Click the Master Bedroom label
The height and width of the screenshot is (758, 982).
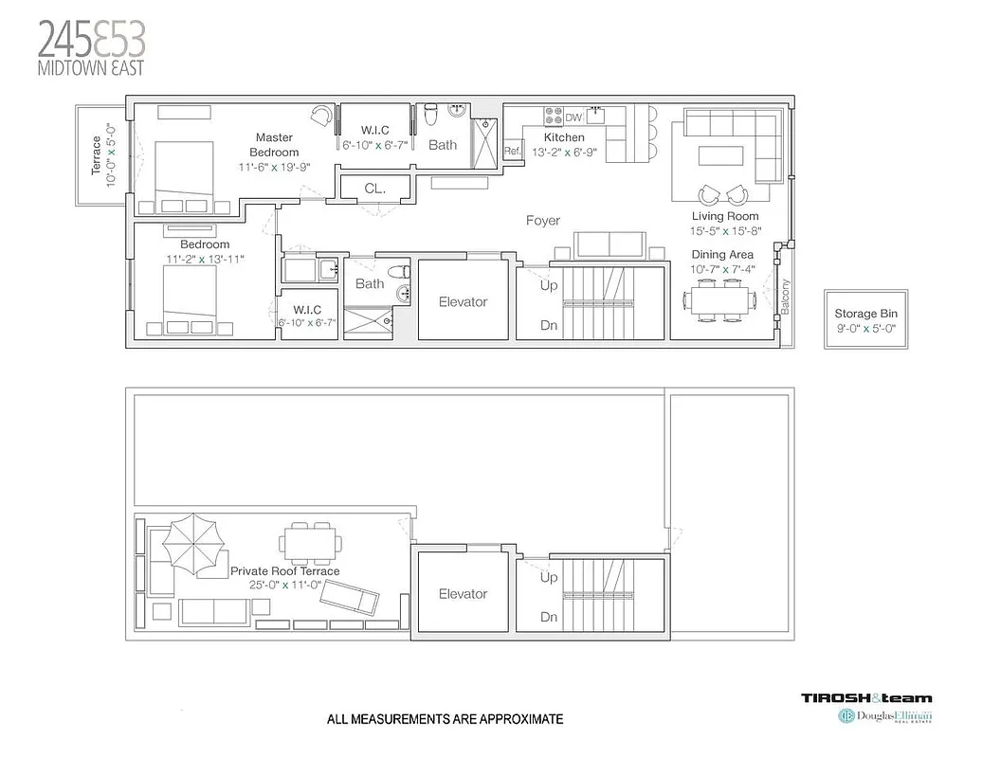click(x=274, y=145)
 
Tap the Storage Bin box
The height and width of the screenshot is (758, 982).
click(x=864, y=318)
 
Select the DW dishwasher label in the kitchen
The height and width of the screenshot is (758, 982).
click(x=573, y=117)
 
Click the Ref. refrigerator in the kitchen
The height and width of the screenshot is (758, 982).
click(x=513, y=151)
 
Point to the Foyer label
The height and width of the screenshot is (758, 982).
click(x=543, y=221)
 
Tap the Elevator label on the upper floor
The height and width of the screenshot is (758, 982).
click(x=463, y=302)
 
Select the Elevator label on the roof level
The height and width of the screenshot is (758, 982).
click(x=463, y=594)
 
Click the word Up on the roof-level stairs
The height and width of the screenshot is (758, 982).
click(x=549, y=577)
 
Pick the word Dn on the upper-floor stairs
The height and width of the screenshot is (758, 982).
click(x=549, y=325)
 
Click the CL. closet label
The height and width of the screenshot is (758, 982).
click(x=375, y=189)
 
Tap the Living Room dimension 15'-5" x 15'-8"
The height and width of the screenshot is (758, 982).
click(x=725, y=230)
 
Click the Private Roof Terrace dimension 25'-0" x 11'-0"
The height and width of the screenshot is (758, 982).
click(x=284, y=585)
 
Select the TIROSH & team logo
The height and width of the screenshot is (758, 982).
click(x=866, y=698)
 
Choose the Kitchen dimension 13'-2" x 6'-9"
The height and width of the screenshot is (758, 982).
click(x=564, y=152)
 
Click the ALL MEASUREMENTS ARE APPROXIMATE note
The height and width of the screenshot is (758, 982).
click(x=445, y=719)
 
